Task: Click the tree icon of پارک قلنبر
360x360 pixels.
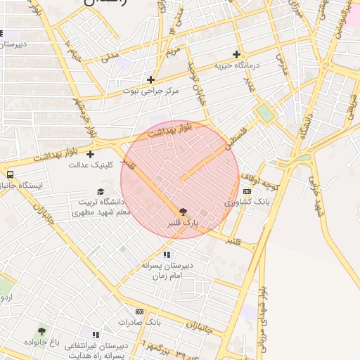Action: click(x=184, y=211)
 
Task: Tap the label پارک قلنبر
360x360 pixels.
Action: click(x=183, y=223)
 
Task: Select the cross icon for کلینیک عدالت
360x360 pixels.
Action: click(x=90, y=154)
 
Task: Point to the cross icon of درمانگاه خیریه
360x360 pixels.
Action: click(x=237, y=54)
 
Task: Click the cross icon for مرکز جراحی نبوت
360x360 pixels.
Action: click(x=150, y=79)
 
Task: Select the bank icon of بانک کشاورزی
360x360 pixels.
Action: click(x=247, y=191)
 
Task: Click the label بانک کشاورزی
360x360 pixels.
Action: click(x=247, y=202)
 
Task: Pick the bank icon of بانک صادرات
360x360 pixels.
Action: click(x=139, y=311)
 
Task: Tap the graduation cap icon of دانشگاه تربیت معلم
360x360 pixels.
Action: click(x=100, y=191)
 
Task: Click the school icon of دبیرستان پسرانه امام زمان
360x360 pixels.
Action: click(x=167, y=255)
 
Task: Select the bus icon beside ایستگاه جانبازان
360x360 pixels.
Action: click(x=11, y=174)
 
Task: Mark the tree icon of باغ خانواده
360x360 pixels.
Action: click(x=42, y=330)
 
